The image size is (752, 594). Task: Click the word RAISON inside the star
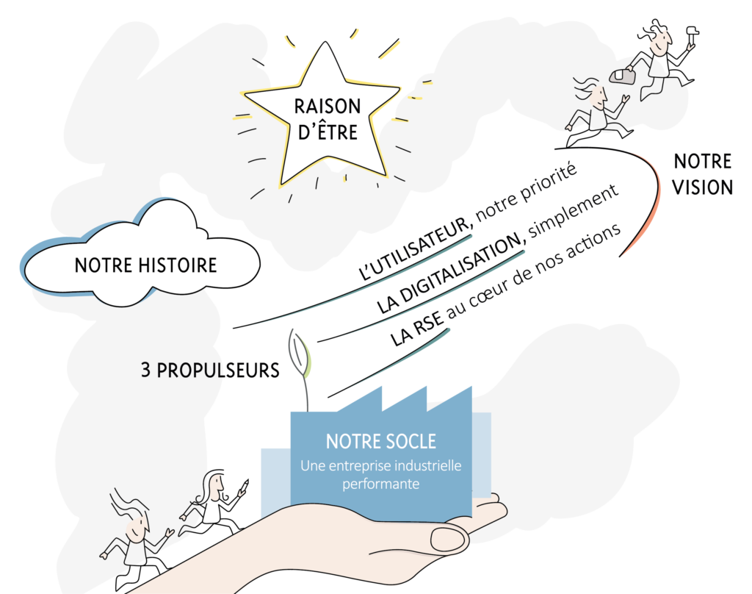click(x=328, y=106)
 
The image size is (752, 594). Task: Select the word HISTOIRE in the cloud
click(x=178, y=265)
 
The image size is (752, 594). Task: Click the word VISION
click(x=703, y=187)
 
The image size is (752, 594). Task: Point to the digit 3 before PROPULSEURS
click(x=145, y=370)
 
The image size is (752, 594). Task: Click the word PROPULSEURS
click(x=218, y=371)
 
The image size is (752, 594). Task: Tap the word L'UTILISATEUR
click(x=416, y=248)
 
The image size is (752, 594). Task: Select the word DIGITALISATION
click(x=451, y=273)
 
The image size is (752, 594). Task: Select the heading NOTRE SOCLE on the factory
click(x=381, y=441)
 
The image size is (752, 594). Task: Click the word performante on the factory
click(x=381, y=484)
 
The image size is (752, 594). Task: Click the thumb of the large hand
click(x=449, y=538)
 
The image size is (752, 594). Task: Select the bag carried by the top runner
click(x=623, y=76)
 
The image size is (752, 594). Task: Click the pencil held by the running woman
click(x=243, y=487)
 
